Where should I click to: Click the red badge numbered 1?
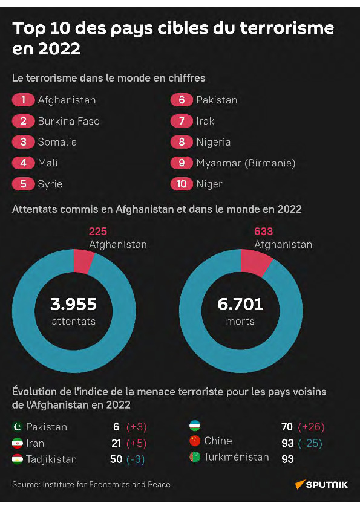click(23, 100)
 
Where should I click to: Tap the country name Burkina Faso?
click(68, 121)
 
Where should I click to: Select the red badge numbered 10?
click(182, 184)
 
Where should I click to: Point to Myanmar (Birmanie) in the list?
click(246, 163)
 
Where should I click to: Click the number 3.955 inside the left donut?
click(73, 303)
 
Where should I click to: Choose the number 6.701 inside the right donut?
click(240, 303)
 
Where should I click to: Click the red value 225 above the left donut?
click(97, 231)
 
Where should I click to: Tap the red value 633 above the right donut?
click(263, 231)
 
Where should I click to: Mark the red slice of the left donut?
click(83, 261)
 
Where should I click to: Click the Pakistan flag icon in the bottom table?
click(18, 427)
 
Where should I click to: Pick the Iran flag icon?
click(18, 443)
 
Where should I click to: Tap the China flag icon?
click(195, 441)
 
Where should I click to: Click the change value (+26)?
click(311, 427)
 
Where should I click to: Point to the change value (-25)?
click(311, 443)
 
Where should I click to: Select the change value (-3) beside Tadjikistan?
click(136, 459)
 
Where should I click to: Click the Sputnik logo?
click(321, 484)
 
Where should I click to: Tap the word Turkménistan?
click(236, 457)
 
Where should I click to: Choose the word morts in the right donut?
click(240, 321)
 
